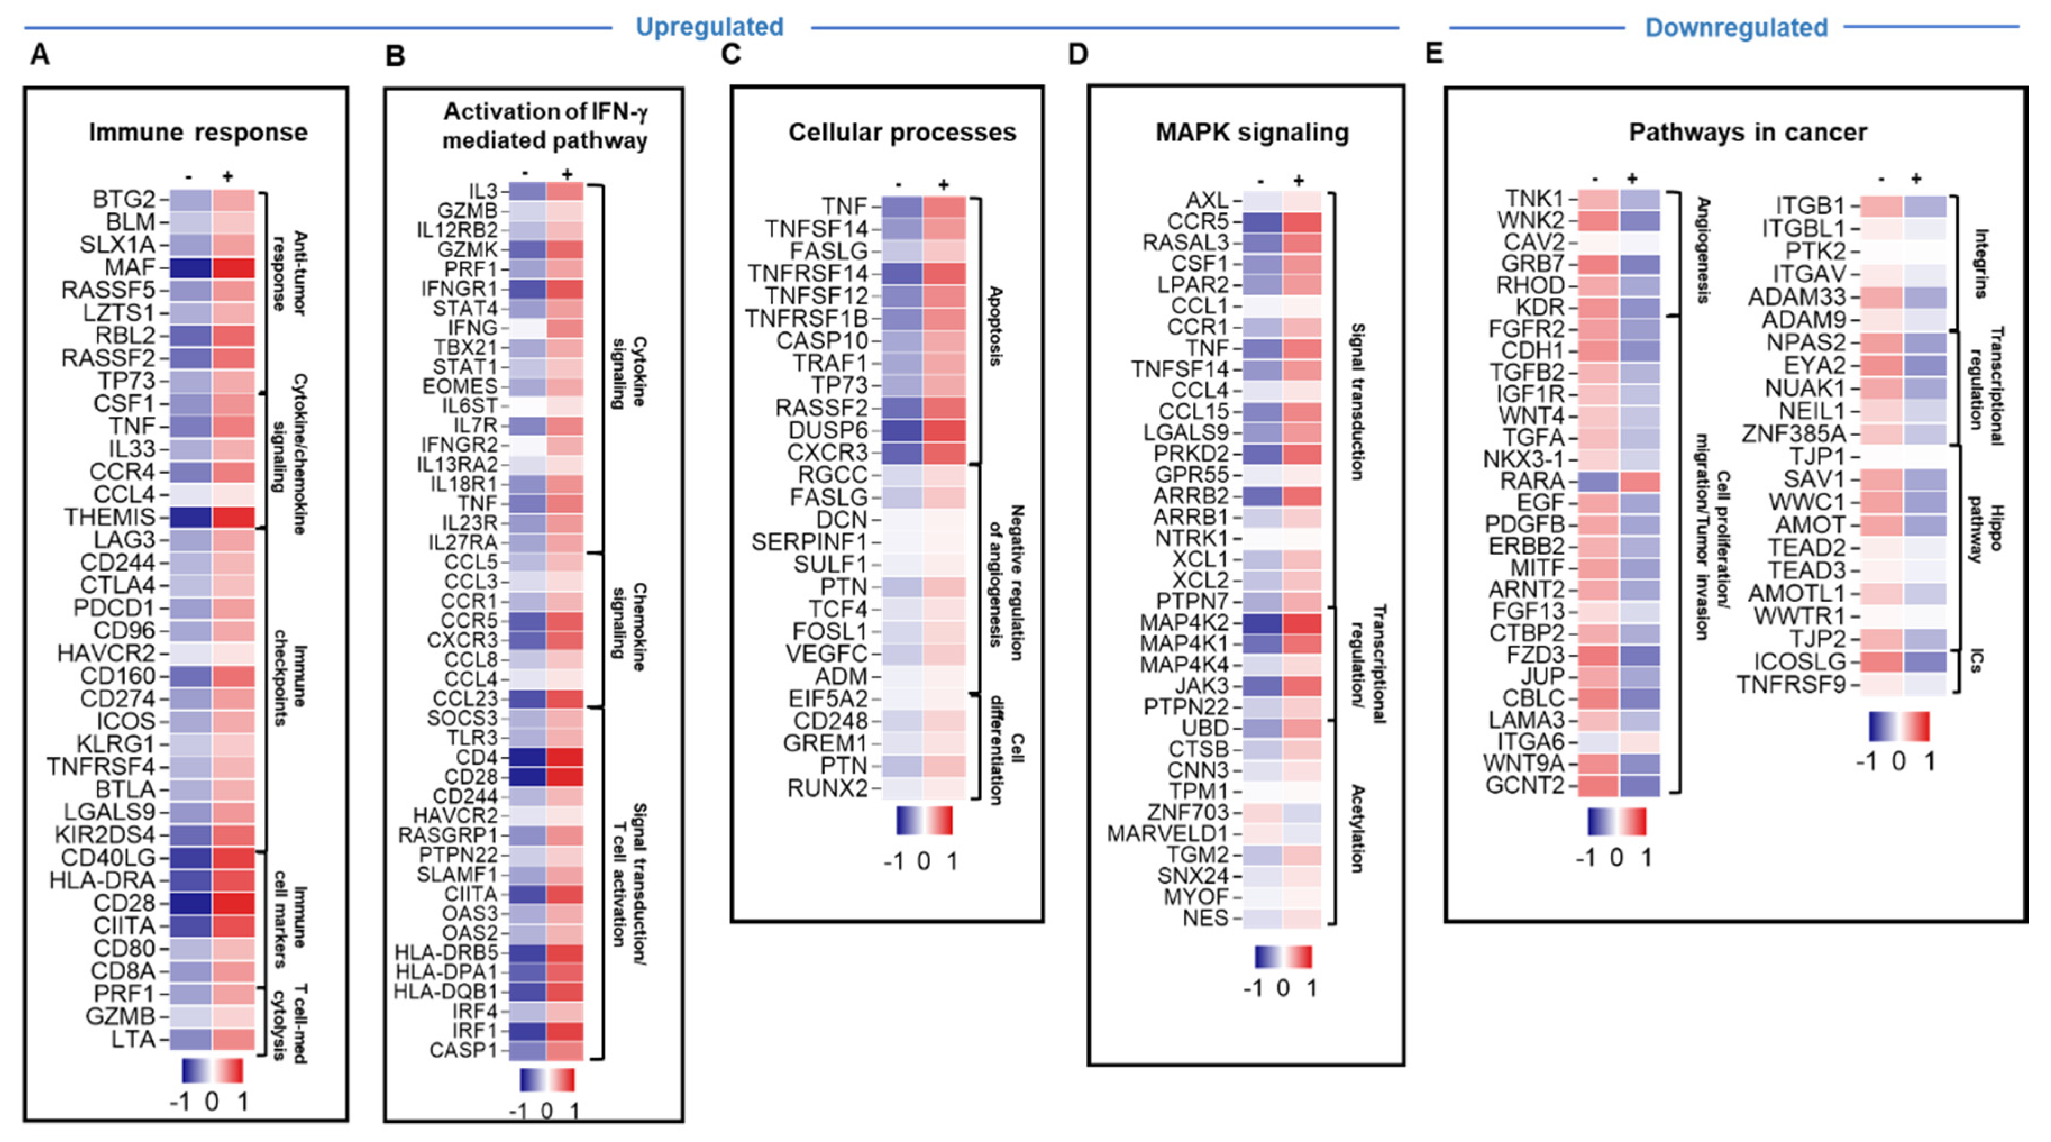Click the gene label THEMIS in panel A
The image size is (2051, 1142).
pos(110,517)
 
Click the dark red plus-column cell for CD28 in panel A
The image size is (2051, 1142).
pos(234,903)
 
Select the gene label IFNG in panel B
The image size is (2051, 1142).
pos(472,328)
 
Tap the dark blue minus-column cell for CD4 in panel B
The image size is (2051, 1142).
pos(528,756)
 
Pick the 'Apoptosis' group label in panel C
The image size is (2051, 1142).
pos(995,327)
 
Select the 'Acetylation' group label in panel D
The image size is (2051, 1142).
pos(1358,828)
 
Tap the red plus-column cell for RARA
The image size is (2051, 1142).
pos(1639,482)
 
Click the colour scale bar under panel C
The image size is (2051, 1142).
pos(924,821)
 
